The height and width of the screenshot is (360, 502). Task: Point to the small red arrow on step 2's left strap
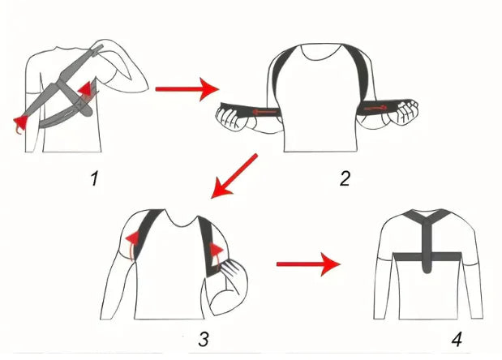[259, 113]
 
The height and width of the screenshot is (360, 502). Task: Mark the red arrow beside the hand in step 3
[216, 250]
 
